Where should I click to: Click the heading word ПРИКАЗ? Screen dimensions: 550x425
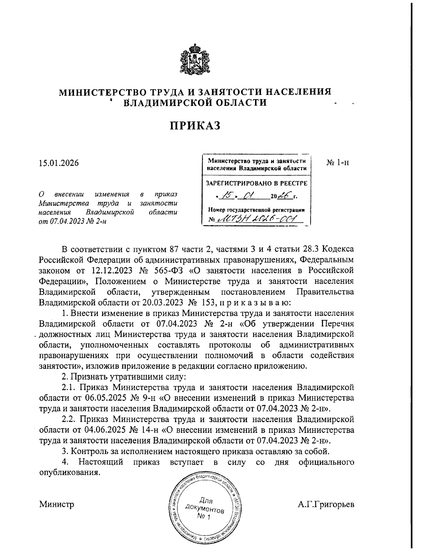pos(194,126)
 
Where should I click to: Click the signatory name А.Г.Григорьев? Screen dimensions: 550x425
pos(326,504)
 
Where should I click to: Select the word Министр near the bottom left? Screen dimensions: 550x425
pos(57,504)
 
